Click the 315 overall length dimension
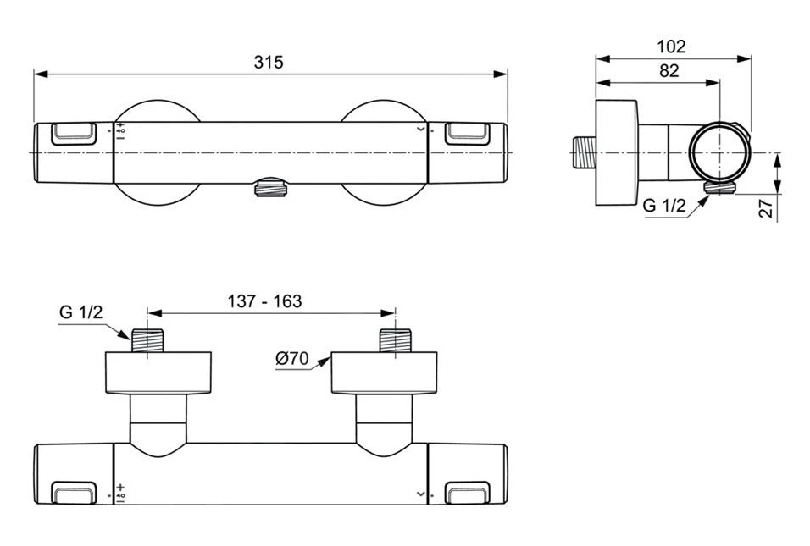(x=269, y=62)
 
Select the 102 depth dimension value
(x=670, y=47)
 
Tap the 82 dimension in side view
(x=669, y=71)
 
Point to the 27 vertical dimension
(x=766, y=208)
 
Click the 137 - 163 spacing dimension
(x=264, y=301)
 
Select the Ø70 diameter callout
(x=291, y=358)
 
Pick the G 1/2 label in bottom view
(x=80, y=312)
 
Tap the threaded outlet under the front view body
(x=269, y=187)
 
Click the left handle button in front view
(x=74, y=134)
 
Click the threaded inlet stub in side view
(x=582, y=152)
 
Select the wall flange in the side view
(x=616, y=153)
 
